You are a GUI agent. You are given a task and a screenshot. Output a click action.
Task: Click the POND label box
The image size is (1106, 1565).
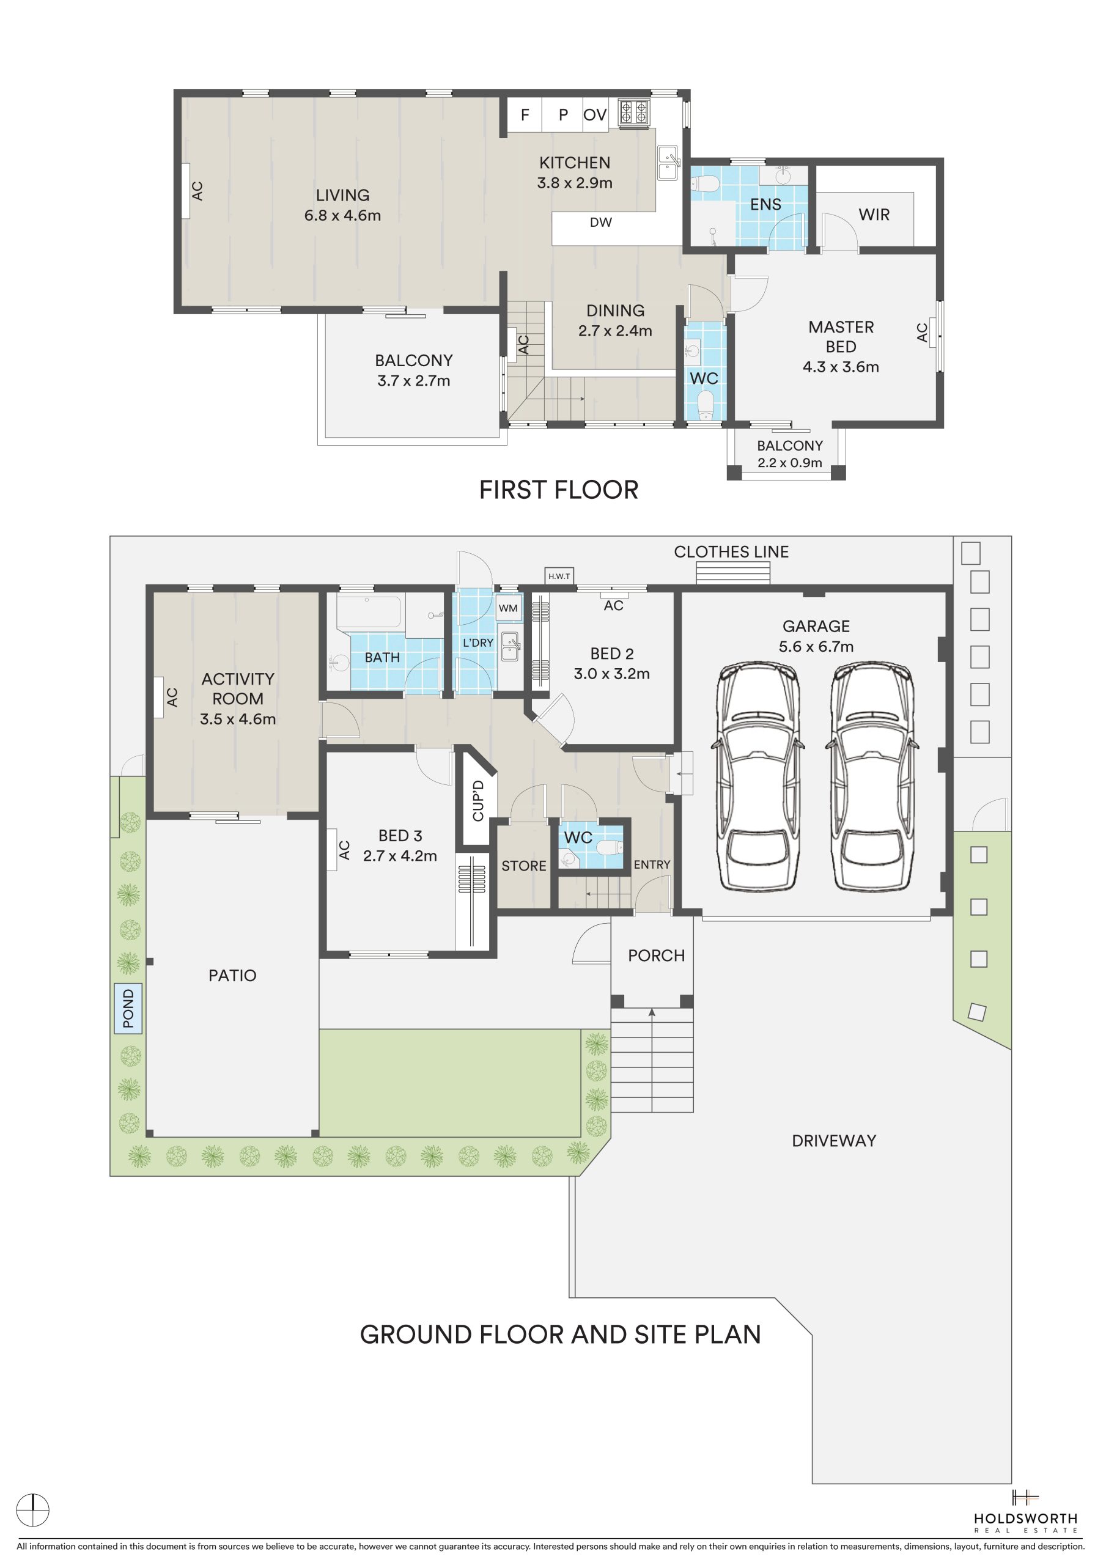tap(128, 1008)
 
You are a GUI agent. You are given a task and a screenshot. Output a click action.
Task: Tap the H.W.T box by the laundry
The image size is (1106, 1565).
tap(559, 576)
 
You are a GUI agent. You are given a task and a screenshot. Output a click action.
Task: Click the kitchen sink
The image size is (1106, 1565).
tap(668, 162)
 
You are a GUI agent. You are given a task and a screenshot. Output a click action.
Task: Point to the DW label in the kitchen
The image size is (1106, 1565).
tap(601, 222)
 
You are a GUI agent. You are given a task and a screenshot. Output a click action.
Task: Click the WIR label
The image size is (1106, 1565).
tap(874, 215)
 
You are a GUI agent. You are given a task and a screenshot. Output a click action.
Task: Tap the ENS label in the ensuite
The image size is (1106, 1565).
tap(765, 204)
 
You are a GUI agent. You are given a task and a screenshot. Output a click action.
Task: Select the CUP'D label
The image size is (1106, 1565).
tap(478, 800)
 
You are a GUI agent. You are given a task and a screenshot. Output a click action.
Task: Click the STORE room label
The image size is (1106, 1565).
tap(524, 866)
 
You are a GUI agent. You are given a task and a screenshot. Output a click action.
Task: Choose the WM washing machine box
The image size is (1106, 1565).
tap(508, 608)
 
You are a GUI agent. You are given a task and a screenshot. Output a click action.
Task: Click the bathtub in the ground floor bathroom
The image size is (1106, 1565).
tap(369, 612)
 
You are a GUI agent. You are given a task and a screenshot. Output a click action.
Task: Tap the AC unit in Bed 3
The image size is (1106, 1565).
tap(332, 849)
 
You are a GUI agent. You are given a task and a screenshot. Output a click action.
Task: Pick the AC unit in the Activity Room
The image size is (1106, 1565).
tap(159, 697)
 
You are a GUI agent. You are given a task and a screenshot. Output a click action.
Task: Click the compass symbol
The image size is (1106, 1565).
tap(33, 1510)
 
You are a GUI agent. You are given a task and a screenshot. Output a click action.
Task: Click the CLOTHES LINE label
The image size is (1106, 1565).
tap(731, 551)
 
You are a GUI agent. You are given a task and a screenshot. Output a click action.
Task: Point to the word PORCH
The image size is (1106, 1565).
tap(656, 956)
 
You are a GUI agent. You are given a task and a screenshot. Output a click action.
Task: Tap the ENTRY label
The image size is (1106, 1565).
tap(652, 864)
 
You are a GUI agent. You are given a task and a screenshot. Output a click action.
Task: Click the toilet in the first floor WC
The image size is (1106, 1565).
tap(706, 405)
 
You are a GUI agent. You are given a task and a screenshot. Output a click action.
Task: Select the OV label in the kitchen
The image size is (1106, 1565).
tap(595, 115)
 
